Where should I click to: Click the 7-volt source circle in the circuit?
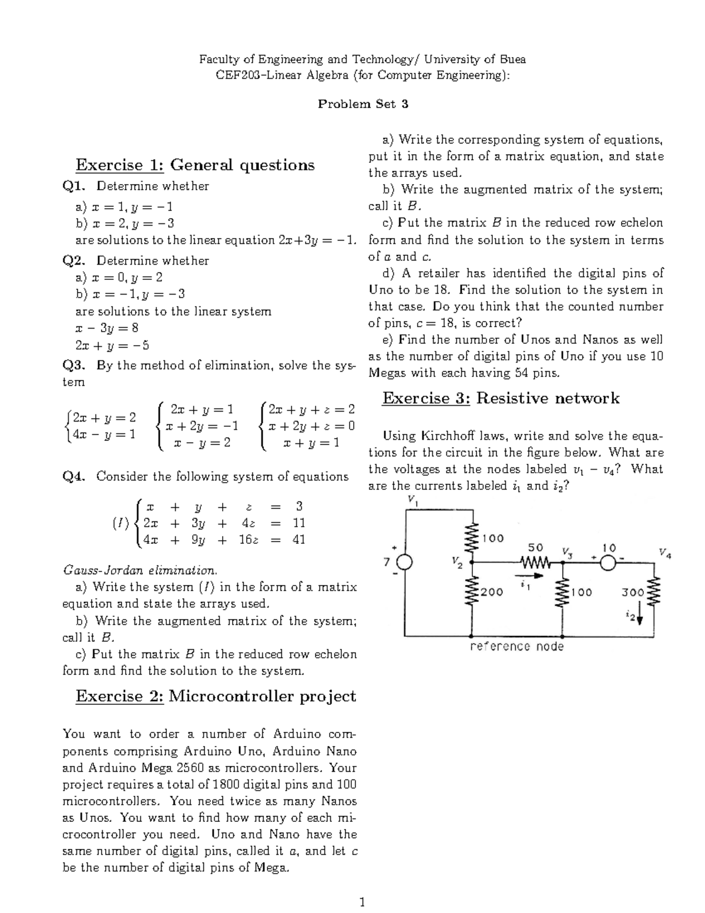pyautogui.click(x=406, y=563)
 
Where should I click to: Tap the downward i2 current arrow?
pyautogui.click(x=640, y=615)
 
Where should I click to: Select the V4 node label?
pyautogui.click(x=664, y=553)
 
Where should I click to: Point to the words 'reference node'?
pyautogui.click(x=517, y=646)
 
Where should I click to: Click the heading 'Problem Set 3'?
pyautogui.click(x=362, y=104)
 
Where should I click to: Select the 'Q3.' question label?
pyautogui.click(x=75, y=366)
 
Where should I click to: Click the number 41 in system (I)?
pyautogui.click(x=298, y=539)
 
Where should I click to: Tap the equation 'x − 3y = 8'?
pyautogui.click(x=107, y=328)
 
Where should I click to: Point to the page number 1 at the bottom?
pyautogui.click(x=362, y=901)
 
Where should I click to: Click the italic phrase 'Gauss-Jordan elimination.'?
pyautogui.click(x=140, y=570)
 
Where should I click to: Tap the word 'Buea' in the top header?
pyautogui.click(x=512, y=59)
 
